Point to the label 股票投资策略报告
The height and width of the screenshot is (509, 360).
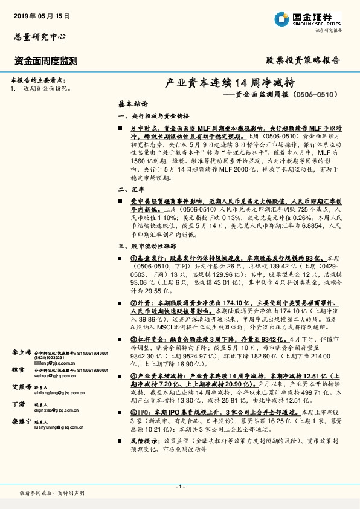[303, 60]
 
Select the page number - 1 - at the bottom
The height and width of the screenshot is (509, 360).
[179, 487]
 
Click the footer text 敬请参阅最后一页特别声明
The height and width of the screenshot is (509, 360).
[52, 493]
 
